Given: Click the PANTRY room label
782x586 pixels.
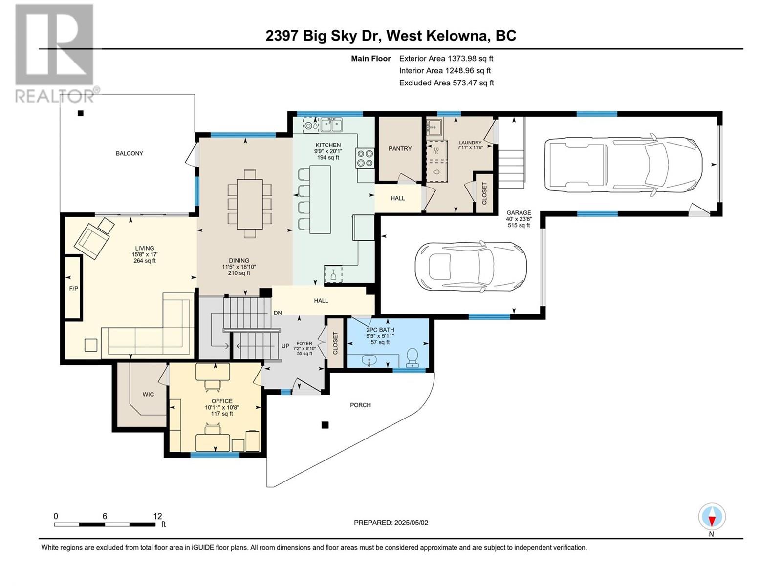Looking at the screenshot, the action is [400, 149].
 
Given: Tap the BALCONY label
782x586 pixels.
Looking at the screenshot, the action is [130, 153].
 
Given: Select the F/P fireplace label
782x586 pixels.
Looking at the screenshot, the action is [73, 288].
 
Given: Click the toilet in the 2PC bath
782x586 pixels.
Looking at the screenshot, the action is [412, 357].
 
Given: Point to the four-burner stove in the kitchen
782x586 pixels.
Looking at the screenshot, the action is [365, 158].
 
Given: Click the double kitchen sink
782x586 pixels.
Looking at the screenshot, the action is [331, 125].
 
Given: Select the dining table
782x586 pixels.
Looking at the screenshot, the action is [249, 204].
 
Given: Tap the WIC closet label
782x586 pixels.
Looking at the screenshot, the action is [148, 394].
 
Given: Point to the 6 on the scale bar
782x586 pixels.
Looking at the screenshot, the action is [105, 516].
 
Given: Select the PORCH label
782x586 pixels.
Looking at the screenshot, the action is [360, 405].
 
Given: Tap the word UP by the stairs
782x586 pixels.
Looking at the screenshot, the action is [285, 345].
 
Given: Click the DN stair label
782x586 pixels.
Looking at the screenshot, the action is [278, 313].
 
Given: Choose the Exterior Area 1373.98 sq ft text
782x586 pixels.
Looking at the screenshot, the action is [446, 58].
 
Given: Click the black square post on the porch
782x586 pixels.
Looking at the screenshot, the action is [325, 425].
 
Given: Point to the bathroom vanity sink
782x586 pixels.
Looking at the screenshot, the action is [369, 361].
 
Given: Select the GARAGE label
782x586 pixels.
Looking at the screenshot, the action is [519, 212].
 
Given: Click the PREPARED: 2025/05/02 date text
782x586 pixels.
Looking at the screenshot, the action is [391, 523].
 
